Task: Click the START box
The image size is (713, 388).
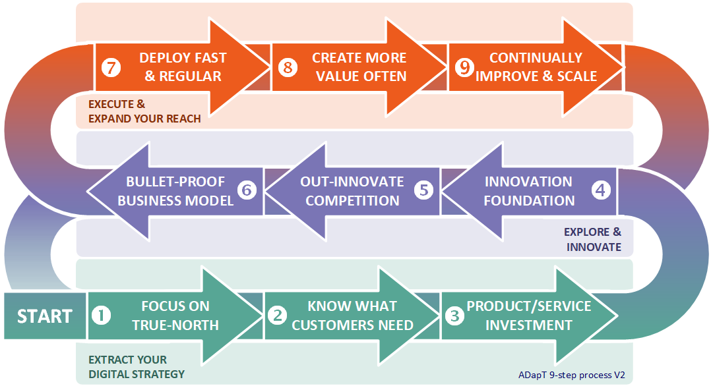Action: coord(45,316)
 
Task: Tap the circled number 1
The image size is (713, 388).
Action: coord(101,316)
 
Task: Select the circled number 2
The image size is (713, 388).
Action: coord(278,316)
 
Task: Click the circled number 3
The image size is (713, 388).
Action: coord(454,316)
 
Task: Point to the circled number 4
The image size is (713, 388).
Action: coord(601,190)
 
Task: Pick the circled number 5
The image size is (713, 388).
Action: coord(424,190)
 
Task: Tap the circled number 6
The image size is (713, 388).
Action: coord(247,190)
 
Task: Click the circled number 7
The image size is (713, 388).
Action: coord(111,68)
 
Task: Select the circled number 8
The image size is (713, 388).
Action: coord(288,68)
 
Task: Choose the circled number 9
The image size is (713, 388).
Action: coord(464,68)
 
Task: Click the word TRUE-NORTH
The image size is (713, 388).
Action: coord(175,325)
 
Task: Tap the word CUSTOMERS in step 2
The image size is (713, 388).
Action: coord(326,325)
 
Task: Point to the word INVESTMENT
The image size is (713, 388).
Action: coord(529,325)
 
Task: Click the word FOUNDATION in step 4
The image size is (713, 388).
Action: coord(529,201)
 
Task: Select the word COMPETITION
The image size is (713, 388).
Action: coord(352,201)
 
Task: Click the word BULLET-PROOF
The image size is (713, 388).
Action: coord(175,182)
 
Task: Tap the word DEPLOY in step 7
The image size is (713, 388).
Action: coord(164,58)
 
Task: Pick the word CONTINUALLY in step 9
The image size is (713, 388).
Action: coord(536,58)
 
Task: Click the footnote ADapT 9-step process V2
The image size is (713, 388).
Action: coord(572,375)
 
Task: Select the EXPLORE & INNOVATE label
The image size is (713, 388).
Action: coord(592,239)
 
